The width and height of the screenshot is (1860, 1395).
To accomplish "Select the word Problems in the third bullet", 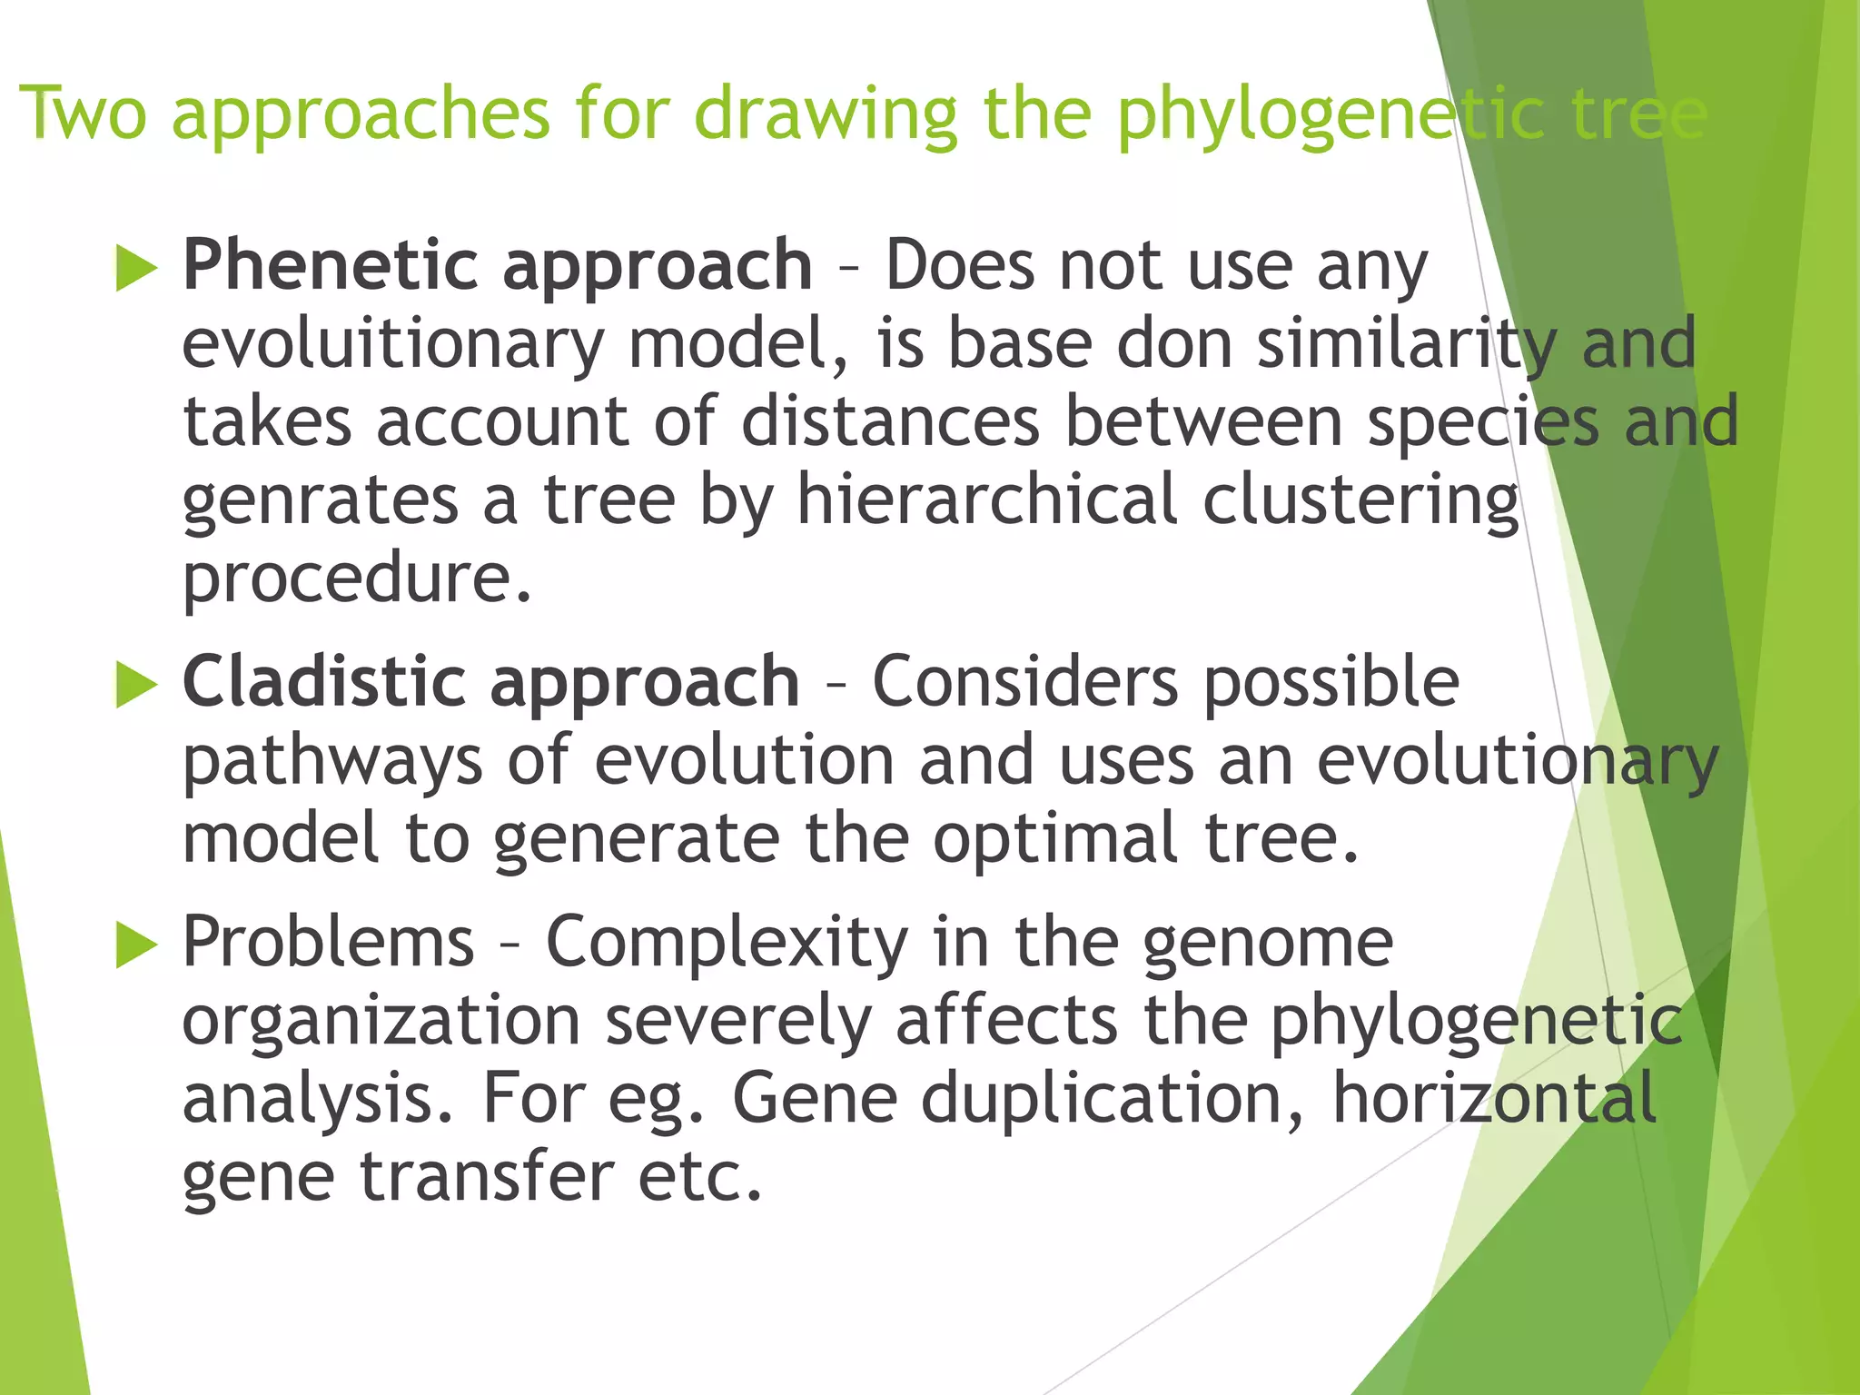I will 328,942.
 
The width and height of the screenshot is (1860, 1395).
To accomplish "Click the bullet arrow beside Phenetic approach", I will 136,270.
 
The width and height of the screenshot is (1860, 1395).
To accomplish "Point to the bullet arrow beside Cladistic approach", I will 136,685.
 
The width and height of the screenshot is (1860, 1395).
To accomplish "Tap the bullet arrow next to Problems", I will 136,946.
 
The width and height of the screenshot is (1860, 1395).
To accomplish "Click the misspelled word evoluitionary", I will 392,345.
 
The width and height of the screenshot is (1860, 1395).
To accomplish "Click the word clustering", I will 1360,502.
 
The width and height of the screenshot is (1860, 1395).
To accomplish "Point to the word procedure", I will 356,579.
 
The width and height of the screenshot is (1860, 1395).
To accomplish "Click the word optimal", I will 1055,840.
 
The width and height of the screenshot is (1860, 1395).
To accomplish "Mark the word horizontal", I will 1494,1098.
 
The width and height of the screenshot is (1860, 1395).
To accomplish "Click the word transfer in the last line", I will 487,1176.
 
